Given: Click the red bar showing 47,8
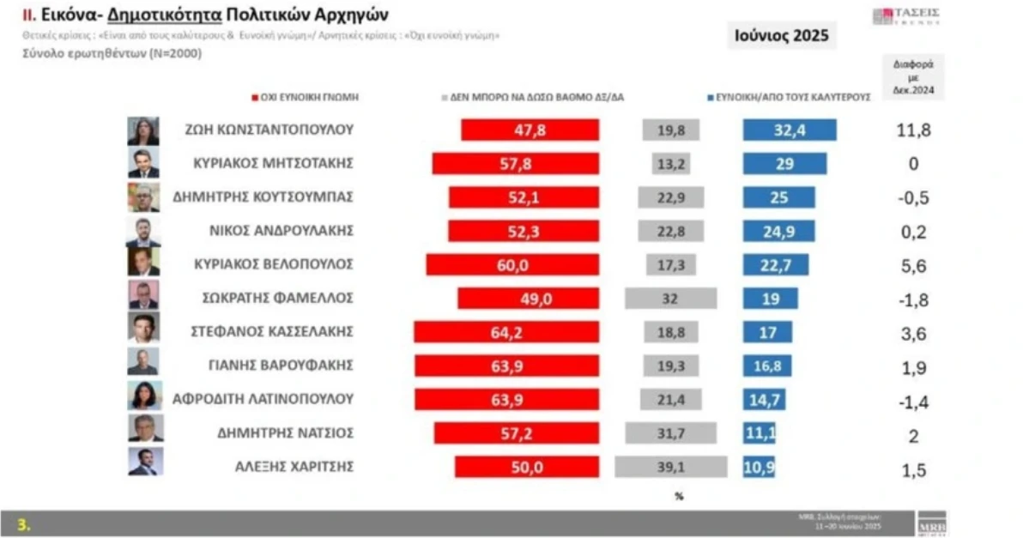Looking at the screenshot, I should pos(530,130).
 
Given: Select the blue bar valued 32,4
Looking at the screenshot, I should pos(790,130).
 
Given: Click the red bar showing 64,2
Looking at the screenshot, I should pos(505,332).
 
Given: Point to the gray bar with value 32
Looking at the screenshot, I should pos(671,299).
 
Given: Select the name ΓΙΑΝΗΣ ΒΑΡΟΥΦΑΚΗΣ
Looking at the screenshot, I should pos(281,365).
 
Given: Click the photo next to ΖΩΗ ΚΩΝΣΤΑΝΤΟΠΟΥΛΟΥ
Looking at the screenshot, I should pos(143,131).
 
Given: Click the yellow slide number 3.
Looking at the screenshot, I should pos(23,524).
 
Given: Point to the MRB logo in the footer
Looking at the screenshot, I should pos(931,523).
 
